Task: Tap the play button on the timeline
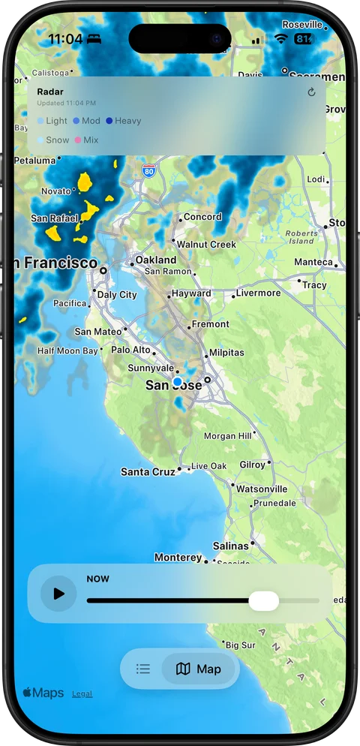point(58,594)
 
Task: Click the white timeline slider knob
point(263,600)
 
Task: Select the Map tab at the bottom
point(199,669)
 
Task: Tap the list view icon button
point(143,669)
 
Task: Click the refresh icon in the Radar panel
point(312,92)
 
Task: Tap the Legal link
point(82,693)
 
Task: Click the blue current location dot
point(177,382)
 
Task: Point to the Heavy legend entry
point(124,121)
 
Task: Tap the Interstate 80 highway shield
point(149,170)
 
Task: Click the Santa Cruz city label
point(148,472)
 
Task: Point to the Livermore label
point(258,293)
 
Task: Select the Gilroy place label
point(252,465)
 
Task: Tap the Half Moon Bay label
point(67,350)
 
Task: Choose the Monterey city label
point(178,558)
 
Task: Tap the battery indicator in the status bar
point(304,38)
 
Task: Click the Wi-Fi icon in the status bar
point(281,38)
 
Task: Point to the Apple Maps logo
point(43,693)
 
